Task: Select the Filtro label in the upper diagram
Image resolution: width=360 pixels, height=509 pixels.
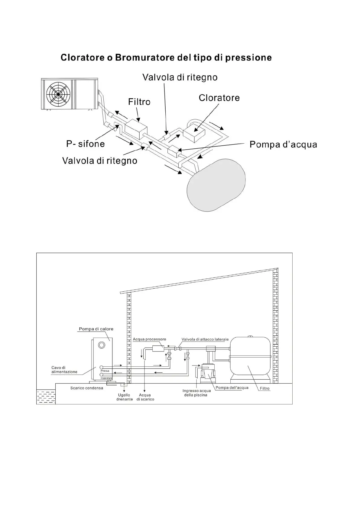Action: pos(139,102)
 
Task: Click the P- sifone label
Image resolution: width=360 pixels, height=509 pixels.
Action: pos(86,144)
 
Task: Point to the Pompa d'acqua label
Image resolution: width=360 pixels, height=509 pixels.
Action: pos(283,144)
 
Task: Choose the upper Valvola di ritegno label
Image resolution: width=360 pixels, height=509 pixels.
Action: pos(180,77)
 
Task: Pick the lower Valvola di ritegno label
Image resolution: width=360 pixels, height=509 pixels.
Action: pos(100,160)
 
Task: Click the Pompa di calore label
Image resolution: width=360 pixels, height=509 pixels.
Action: pos(96,329)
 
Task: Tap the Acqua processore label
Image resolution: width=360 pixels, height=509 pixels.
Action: pos(149,339)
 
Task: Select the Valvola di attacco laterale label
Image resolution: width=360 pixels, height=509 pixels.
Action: pos(205,339)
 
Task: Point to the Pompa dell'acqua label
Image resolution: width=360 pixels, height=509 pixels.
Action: pos(232,387)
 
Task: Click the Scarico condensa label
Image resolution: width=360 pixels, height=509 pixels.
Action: pos(87,388)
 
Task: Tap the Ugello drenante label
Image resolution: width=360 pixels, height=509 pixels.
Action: pos(124,397)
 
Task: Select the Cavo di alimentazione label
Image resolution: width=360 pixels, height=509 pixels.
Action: pos(64,370)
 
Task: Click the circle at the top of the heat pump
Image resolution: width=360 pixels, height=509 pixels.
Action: pos(102,345)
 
